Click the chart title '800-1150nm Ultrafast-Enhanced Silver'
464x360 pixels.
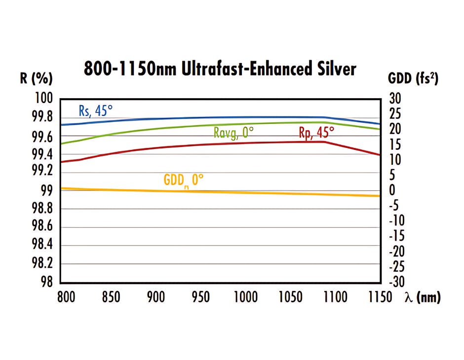220,69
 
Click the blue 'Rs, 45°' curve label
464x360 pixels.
96,110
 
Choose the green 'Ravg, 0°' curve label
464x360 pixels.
233,133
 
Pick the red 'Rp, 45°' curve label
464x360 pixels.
316,132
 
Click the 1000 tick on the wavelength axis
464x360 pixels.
245,297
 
